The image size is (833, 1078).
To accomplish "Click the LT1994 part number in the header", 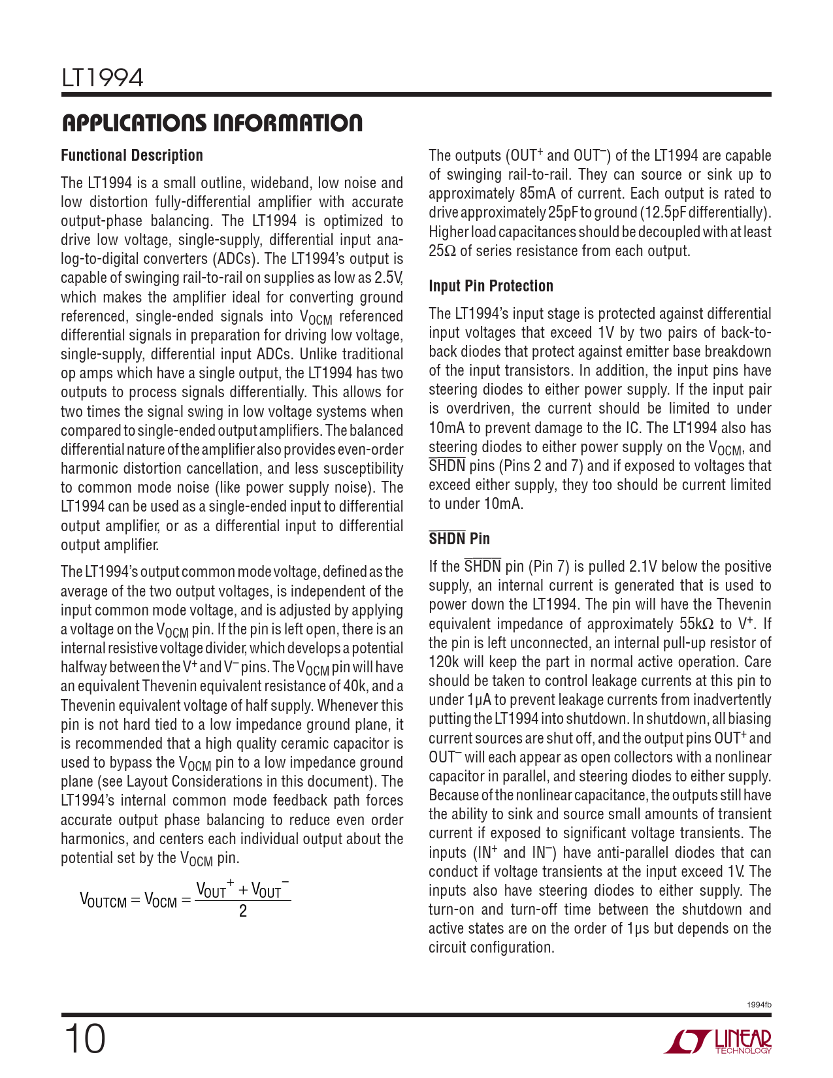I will [x=102, y=78].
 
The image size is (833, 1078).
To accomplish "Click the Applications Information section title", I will [x=212, y=123].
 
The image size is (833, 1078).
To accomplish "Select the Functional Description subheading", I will [x=132, y=155].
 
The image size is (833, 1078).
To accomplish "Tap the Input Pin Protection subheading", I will [x=491, y=286].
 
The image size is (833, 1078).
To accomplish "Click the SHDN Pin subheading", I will [x=459, y=539].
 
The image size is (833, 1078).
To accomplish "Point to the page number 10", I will [x=84, y=1039].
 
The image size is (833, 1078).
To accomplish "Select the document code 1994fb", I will [x=759, y=1005].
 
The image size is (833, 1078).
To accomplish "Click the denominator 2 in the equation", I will [x=243, y=911].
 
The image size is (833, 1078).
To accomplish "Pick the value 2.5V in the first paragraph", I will [x=388, y=278].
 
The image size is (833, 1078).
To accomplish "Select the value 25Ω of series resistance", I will [x=442, y=252].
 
